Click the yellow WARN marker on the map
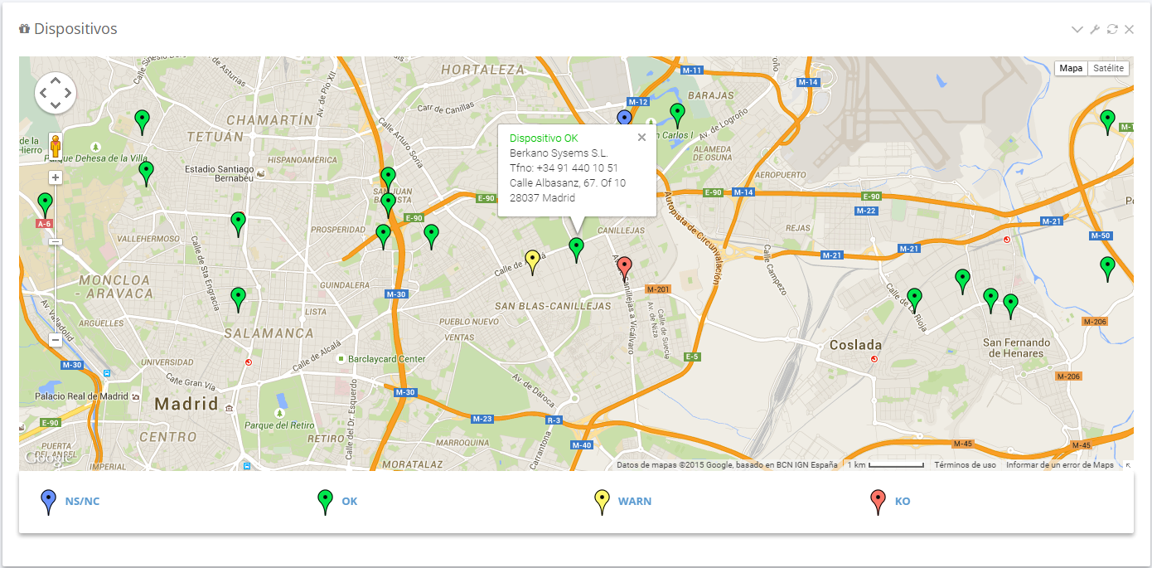coord(532,260)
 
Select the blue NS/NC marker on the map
coord(625,119)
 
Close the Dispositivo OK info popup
coord(641,138)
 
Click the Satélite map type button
coord(1108,68)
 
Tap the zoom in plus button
coord(56,177)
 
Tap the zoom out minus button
coord(56,339)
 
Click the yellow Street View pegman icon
coord(56,147)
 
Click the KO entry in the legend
coord(903,501)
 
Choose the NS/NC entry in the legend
coord(82,501)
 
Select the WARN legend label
coord(634,501)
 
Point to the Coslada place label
coord(855,344)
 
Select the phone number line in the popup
coord(564,168)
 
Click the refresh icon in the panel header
coord(1112,29)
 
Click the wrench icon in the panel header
coord(1095,29)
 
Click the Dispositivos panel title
coord(75,29)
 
